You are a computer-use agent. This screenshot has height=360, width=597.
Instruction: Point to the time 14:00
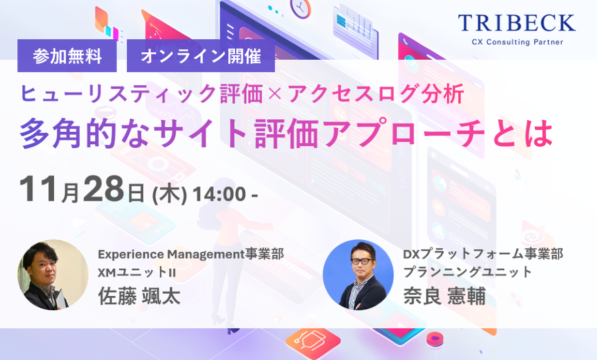(x=219, y=194)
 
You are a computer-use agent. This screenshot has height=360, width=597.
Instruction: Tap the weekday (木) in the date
(x=171, y=193)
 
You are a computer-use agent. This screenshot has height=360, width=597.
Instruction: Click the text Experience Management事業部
(x=191, y=254)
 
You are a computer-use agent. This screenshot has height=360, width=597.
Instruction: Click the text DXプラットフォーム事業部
(x=483, y=254)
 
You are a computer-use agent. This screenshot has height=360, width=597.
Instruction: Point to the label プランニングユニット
(x=468, y=272)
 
